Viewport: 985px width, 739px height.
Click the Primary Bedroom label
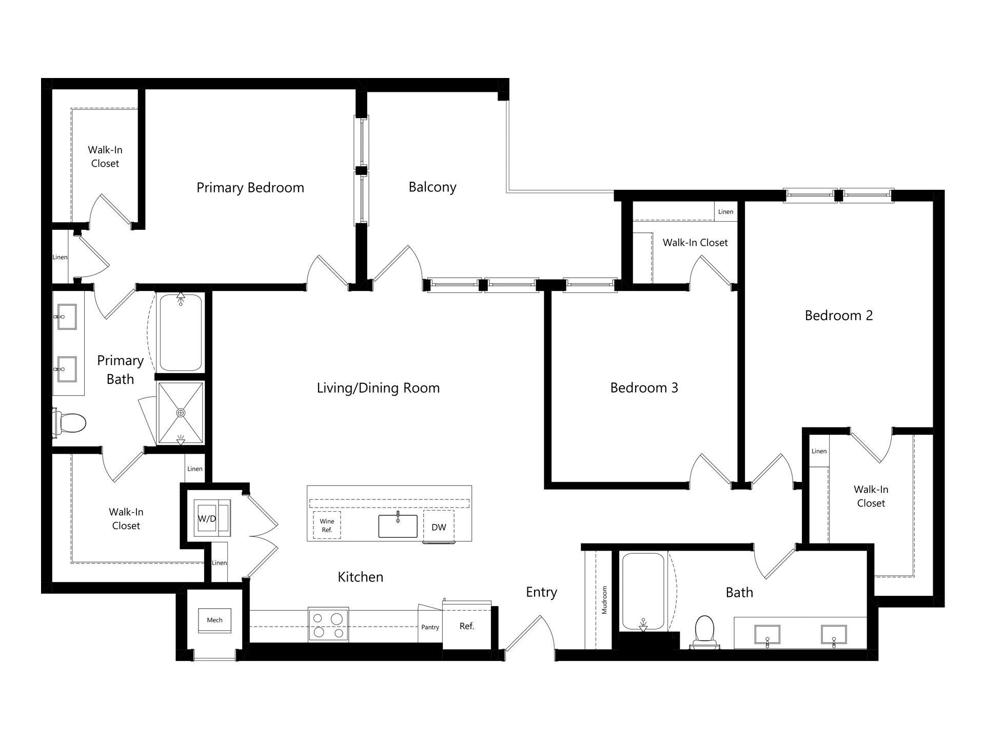point(250,188)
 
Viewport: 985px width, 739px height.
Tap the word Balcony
point(432,187)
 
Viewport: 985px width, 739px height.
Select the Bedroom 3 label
point(644,388)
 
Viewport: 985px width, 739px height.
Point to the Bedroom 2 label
point(838,316)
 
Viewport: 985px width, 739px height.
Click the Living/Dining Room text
point(378,388)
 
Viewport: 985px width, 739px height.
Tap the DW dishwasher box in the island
point(439,527)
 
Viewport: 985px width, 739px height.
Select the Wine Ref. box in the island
point(327,526)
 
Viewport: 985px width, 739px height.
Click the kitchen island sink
point(398,526)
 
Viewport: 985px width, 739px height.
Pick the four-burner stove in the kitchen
point(328,625)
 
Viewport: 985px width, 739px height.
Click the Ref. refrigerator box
point(466,627)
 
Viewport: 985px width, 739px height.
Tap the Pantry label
point(430,627)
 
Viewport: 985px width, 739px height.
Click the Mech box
point(214,620)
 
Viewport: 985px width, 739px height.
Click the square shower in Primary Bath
point(181,413)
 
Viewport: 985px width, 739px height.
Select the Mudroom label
point(604,600)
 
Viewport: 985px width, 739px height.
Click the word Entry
point(541,592)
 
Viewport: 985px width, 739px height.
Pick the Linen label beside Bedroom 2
point(819,451)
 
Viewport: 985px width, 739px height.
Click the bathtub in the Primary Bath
point(181,332)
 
